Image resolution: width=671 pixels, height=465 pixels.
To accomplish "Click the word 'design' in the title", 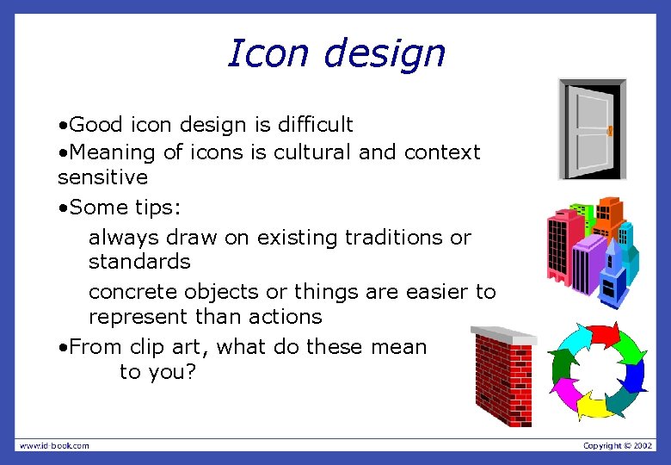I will coord(385,54).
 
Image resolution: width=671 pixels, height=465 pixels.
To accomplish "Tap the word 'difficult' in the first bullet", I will coord(314,126).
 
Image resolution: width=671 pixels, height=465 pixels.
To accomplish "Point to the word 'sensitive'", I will coord(102,178).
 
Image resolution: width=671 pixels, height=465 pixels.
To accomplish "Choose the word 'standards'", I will coord(139,261).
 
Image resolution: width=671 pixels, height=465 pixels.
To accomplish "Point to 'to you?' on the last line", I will coord(158,373).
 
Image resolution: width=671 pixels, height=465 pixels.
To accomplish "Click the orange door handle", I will coord(610,131).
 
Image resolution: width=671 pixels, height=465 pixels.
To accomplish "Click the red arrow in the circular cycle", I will coord(601,335).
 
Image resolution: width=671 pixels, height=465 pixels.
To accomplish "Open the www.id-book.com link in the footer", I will coord(54,445).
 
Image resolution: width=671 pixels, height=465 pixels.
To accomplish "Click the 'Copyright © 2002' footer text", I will coord(618,445).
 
